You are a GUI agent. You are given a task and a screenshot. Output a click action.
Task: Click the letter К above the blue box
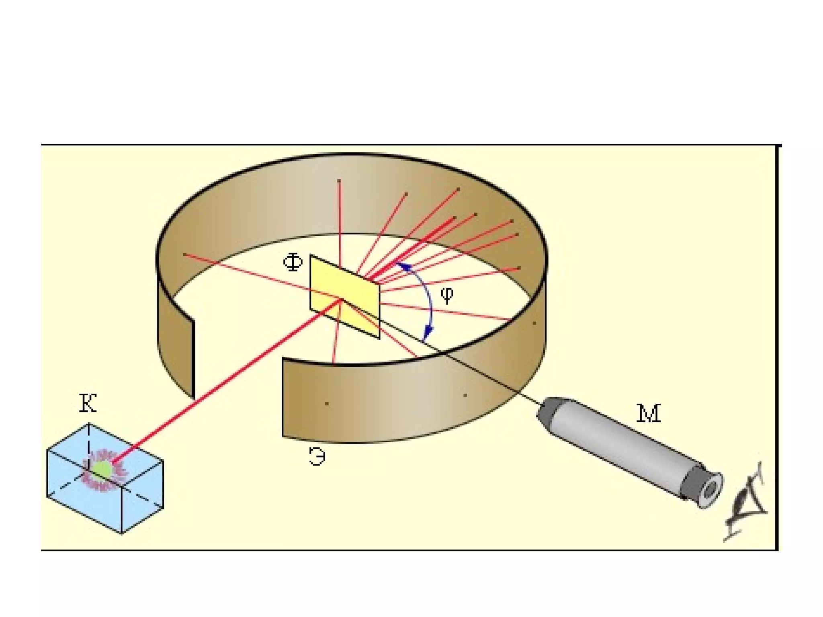point(88,403)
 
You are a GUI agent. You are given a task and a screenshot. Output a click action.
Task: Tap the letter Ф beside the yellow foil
point(293,263)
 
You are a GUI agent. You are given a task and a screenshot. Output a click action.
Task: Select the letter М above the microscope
point(649,414)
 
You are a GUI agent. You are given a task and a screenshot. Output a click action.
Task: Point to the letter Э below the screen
point(317,457)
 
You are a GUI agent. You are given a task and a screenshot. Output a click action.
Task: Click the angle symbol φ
point(447,294)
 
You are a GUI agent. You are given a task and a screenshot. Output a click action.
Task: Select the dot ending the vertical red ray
point(339,181)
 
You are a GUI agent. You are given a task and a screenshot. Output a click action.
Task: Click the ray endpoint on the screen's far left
point(184,254)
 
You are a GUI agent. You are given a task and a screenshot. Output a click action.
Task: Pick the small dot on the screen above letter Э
point(327,403)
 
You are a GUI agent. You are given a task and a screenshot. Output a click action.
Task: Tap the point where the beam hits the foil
point(342,300)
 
